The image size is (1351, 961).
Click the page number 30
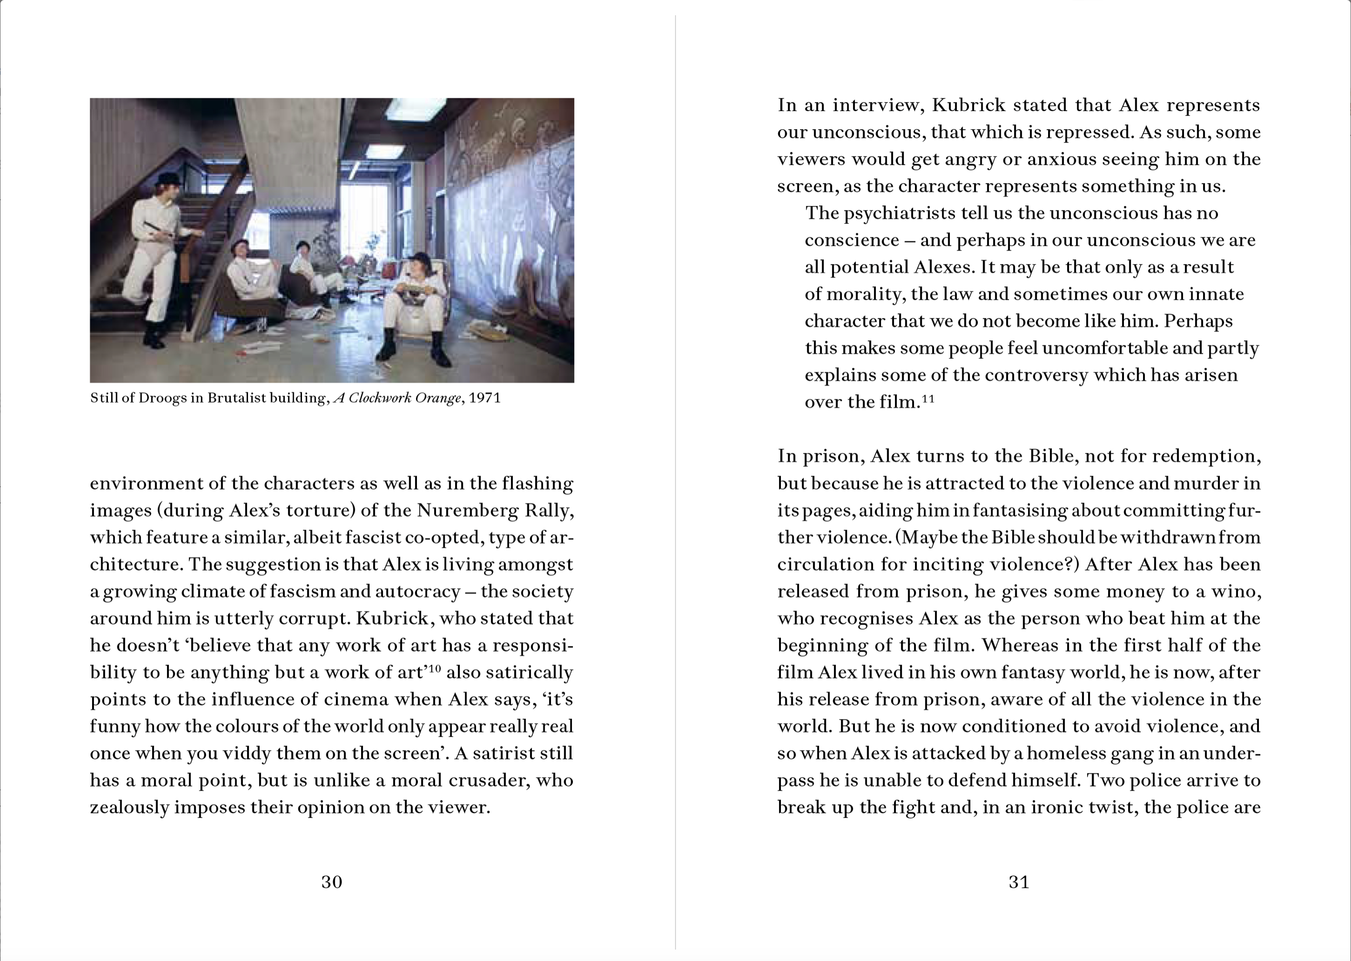332,882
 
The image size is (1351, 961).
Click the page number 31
1019,882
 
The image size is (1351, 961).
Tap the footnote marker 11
928,399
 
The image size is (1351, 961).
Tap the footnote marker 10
434,669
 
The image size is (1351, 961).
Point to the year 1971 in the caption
484,398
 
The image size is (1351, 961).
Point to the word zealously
130,808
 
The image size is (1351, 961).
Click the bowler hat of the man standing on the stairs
169,178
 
